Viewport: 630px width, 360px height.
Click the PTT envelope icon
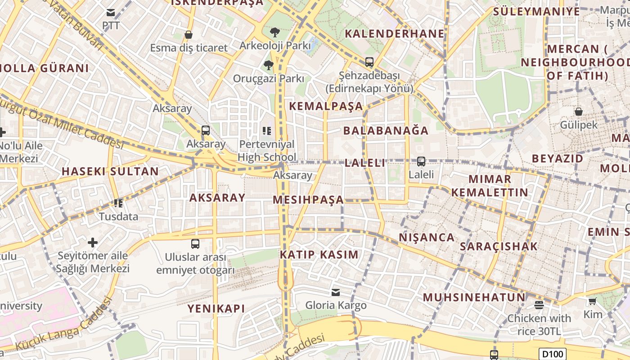click(x=111, y=13)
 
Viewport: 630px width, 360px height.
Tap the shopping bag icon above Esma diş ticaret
click(x=189, y=35)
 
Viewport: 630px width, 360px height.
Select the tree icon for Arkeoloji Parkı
click(x=274, y=32)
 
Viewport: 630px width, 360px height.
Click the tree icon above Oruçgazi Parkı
click(x=269, y=65)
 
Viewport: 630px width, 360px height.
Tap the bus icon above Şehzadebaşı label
click(x=369, y=62)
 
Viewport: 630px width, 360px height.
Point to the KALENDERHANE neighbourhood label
click(x=394, y=34)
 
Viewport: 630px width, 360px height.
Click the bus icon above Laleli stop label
click(x=421, y=161)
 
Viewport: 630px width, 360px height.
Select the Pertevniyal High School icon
click(x=267, y=131)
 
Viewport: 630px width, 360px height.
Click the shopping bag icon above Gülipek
click(x=579, y=111)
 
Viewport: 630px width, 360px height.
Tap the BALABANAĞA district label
click(x=386, y=130)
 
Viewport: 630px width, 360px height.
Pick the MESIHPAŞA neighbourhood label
click(x=308, y=199)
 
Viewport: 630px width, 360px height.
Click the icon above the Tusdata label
click(x=118, y=203)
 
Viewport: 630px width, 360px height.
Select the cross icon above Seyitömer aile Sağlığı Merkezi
click(x=93, y=243)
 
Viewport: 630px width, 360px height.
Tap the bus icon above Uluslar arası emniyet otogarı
click(x=195, y=244)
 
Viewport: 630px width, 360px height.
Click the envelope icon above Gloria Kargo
click(x=336, y=292)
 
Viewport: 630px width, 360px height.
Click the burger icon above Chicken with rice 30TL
click(x=539, y=305)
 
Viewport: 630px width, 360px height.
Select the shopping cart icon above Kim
click(x=592, y=301)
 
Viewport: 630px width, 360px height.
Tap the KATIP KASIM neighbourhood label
click(x=319, y=254)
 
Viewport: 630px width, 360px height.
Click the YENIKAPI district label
click(x=216, y=308)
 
